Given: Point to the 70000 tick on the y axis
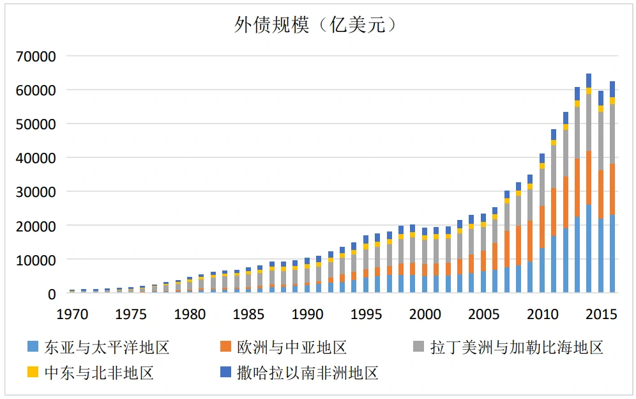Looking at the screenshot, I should point(36,56).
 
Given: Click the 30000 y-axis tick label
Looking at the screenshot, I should point(36,192).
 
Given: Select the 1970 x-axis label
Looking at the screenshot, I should point(72,315).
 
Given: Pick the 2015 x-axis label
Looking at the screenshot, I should point(601,315).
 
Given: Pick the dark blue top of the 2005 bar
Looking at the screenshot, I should point(483,217).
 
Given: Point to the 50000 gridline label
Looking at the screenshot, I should point(36,124).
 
